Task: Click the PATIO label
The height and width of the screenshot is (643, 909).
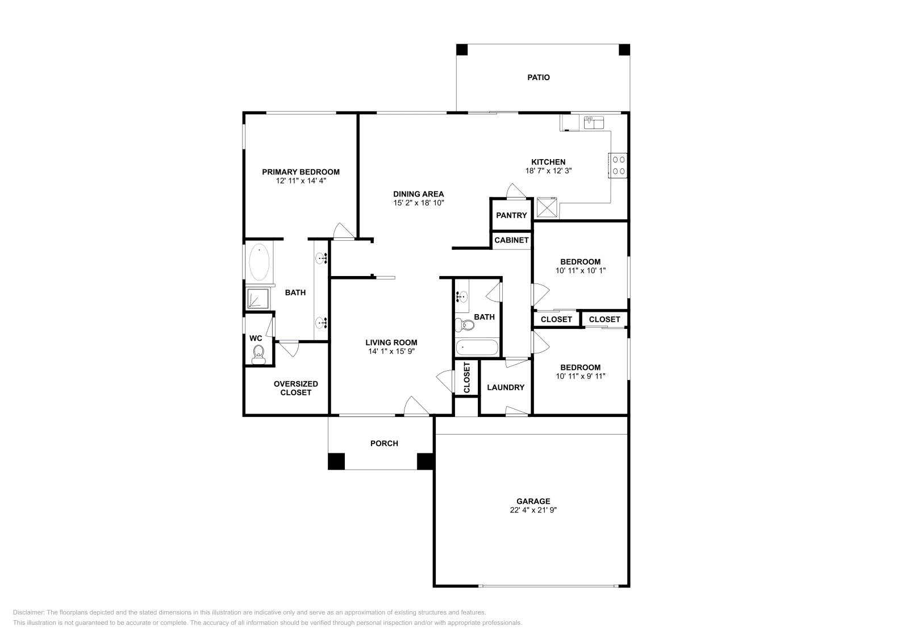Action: coord(539,77)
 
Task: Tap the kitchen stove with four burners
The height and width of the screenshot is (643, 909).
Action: coord(618,165)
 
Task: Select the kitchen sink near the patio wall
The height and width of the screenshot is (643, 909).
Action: coord(594,123)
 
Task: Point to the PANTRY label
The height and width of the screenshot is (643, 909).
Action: coord(511,215)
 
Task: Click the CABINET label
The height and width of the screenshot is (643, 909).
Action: coord(511,240)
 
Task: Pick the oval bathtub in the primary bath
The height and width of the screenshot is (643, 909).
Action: coord(259,262)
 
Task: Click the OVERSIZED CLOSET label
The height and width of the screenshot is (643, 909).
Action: coord(296,388)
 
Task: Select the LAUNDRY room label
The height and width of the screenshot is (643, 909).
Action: coord(506,387)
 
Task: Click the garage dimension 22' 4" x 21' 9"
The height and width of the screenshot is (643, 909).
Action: coord(533,510)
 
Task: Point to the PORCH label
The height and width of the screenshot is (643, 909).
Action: coord(384,444)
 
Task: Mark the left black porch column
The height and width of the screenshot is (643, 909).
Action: coord(336,461)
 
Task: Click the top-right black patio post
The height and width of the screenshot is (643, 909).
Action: coord(624,49)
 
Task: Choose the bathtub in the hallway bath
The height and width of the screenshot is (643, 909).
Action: coord(477,347)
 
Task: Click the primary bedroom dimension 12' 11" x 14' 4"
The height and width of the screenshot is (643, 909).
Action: coord(301,181)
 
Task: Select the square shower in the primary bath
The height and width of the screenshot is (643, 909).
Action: coord(258,298)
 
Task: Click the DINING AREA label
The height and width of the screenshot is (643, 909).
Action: coord(418,194)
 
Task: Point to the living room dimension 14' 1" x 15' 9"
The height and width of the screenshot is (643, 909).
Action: coord(391,351)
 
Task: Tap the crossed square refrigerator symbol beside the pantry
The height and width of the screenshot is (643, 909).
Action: coord(547,207)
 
